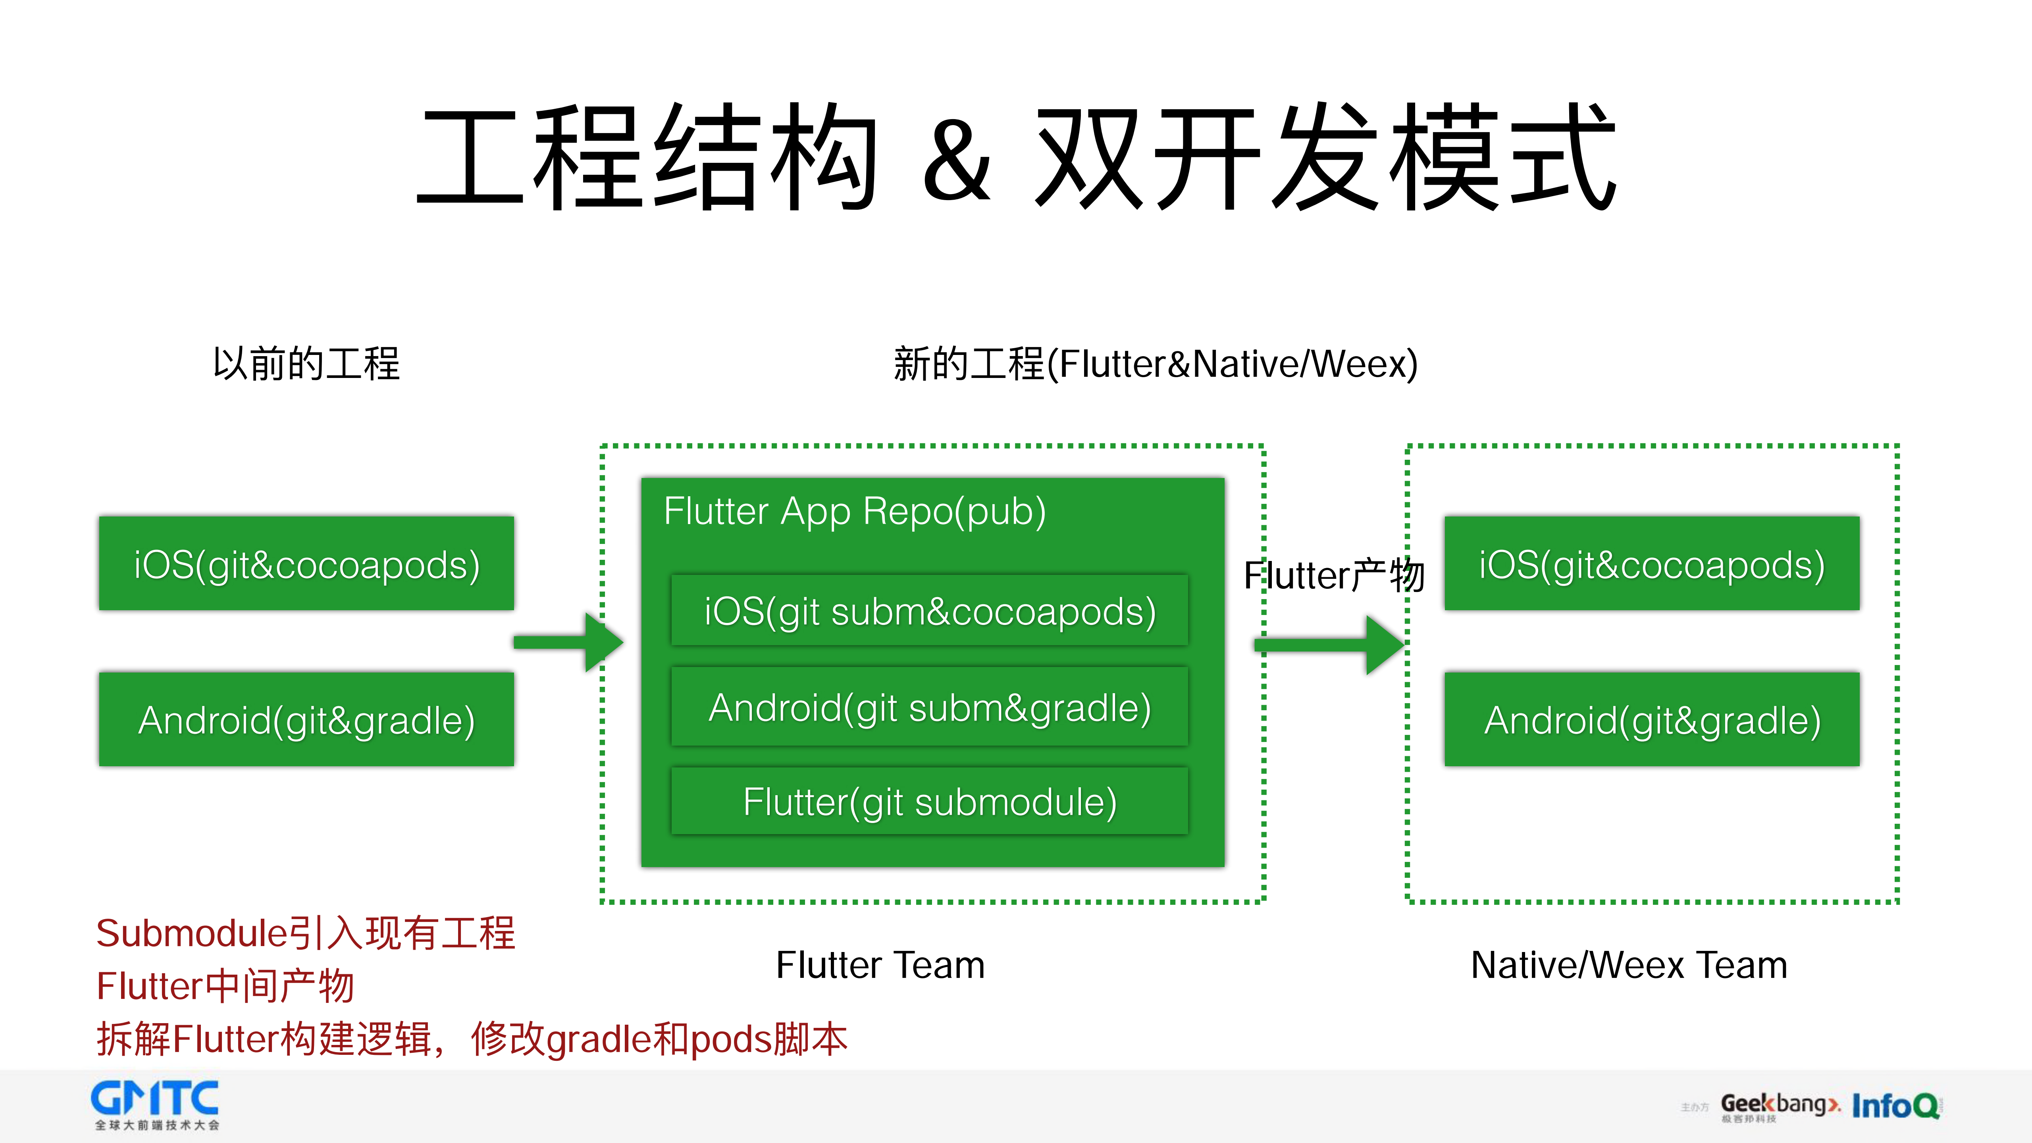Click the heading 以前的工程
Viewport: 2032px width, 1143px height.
[306, 364]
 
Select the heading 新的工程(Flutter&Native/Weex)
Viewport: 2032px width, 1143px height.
[1155, 364]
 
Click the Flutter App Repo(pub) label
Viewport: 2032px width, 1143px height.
[854, 511]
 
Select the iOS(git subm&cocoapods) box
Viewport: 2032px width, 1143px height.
[929, 611]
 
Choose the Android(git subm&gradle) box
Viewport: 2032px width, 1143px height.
[929, 707]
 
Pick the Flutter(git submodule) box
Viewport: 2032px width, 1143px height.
[929, 802]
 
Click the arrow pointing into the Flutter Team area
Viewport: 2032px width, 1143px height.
[568, 642]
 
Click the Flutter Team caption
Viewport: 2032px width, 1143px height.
[880, 965]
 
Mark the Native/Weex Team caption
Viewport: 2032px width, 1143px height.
[1629, 965]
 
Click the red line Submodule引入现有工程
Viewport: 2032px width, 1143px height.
[305, 933]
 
